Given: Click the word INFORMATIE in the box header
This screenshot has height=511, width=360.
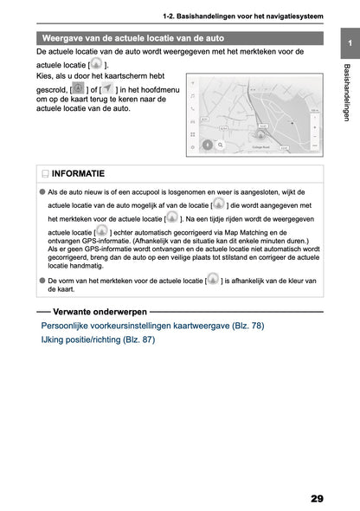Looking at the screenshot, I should [x=79, y=173].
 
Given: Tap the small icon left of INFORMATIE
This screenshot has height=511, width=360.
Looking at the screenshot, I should [x=44, y=173].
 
